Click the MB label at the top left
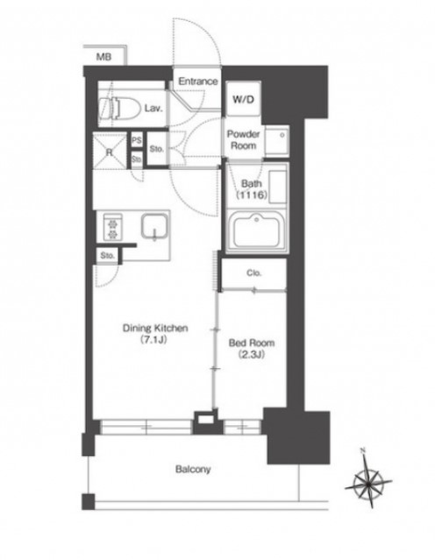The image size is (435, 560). pyautogui.click(x=103, y=56)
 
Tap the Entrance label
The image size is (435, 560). pyautogui.click(x=198, y=82)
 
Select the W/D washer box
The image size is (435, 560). pyautogui.click(x=243, y=98)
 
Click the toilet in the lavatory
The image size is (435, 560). pyautogui.click(x=119, y=108)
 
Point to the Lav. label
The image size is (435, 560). pyautogui.click(x=153, y=108)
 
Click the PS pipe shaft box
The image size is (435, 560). pyautogui.click(x=137, y=140)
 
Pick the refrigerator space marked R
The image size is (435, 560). pyautogui.click(x=110, y=151)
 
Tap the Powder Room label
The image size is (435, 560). pyautogui.click(x=243, y=140)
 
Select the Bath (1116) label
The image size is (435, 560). pyautogui.click(x=252, y=189)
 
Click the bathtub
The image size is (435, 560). pyautogui.click(x=256, y=230)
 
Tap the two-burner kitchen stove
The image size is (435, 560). pyautogui.click(x=113, y=227)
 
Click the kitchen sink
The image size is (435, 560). pyautogui.click(x=154, y=227)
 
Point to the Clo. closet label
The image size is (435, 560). pyautogui.click(x=254, y=273)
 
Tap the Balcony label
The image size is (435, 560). pyautogui.click(x=193, y=469)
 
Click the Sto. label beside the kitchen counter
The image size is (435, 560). pyautogui.click(x=107, y=256)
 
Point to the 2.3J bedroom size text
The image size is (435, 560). pyautogui.click(x=252, y=355)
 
